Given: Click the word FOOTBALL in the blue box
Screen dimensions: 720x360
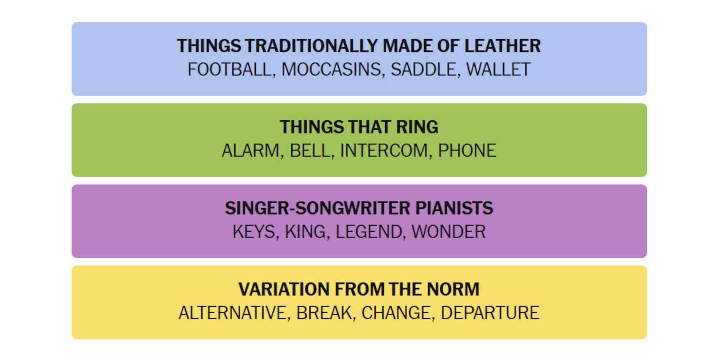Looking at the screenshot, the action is pos(230,69).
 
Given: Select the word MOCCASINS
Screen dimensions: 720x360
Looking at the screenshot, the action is pos(331,69).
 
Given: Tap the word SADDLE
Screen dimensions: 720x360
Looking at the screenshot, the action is pos(423,69).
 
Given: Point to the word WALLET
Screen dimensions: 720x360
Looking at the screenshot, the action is pos(498,69).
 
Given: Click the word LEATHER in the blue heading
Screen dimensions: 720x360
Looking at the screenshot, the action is pos(503,46).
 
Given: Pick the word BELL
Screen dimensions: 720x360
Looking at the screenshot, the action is pos(310,151).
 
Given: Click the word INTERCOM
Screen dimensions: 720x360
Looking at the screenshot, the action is pos(384,151).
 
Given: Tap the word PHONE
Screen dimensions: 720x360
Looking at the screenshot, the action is pos(467,151).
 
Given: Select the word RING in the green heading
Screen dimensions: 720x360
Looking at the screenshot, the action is pos(417,127).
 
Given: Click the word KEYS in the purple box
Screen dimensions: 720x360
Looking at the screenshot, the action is pos(253,231).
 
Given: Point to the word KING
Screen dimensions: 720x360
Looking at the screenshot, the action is pos(305,231).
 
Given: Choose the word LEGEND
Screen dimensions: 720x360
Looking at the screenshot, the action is pos(368,231).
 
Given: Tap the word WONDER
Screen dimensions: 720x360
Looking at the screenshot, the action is pos(449,231).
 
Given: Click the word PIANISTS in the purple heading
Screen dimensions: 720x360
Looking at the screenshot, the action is pos(454,208).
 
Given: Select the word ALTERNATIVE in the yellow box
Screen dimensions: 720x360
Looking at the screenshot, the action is pos(233,313).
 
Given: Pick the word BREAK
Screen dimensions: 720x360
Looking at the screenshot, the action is pos(324,313).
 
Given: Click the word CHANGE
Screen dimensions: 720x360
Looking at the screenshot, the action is pos(396,313).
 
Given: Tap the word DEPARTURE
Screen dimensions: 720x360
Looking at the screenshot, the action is pos(490,313).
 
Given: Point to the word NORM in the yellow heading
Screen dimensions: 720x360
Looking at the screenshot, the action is pos(453,289).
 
